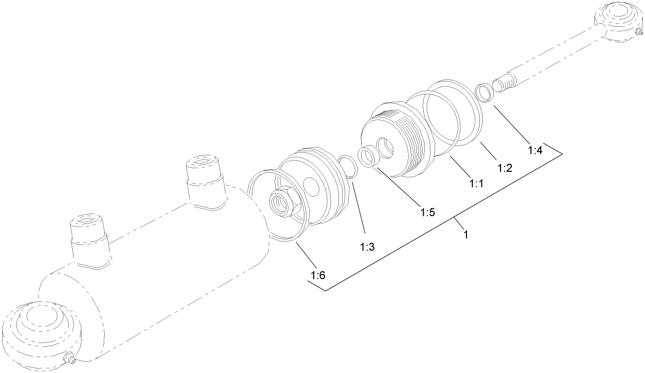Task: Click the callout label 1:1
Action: pyautogui.click(x=476, y=183)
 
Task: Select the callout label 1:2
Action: pyautogui.click(x=504, y=167)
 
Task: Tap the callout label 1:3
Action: pyautogui.click(x=367, y=247)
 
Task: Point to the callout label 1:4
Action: pyautogui.click(x=536, y=151)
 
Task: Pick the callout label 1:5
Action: pyautogui.click(x=428, y=212)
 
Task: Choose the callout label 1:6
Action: pyautogui.click(x=318, y=275)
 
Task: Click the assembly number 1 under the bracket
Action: pyautogui.click(x=465, y=235)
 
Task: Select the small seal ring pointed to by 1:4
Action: pyautogui.click(x=485, y=93)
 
